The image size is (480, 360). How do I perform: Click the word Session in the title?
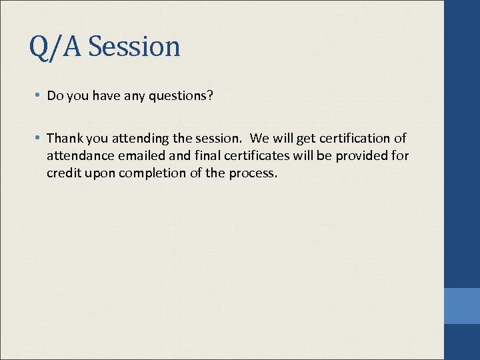[x=134, y=47]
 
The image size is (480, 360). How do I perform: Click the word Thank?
[x=63, y=138]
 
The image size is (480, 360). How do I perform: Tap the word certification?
[x=353, y=138]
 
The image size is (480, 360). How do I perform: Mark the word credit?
[x=62, y=173]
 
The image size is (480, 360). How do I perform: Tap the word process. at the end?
[x=253, y=173]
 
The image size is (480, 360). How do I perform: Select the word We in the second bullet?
[x=259, y=138]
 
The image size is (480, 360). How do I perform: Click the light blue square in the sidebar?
[x=462, y=306]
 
